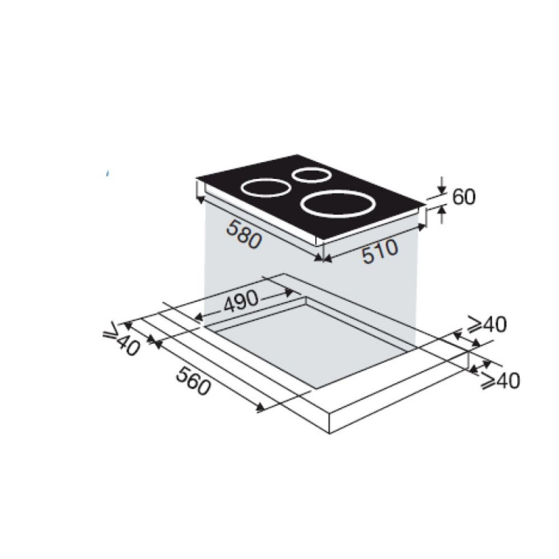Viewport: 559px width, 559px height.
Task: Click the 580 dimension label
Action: pyautogui.click(x=243, y=234)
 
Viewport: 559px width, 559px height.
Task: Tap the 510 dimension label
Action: pyautogui.click(x=379, y=252)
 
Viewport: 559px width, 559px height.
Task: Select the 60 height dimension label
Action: pyautogui.click(x=464, y=197)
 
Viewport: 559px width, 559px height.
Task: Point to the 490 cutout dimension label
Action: pyautogui.click(x=240, y=300)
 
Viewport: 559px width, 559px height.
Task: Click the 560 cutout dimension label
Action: pyautogui.click(x=194, y=382)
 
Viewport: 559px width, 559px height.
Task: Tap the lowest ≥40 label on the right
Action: pyautogui.click(x=500, y=380)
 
